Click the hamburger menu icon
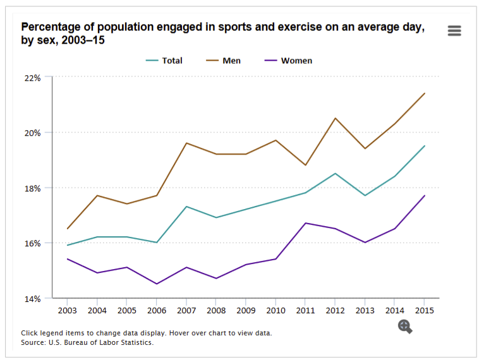(x=454, y=30)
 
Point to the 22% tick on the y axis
(x=32, y=78)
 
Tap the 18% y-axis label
(x=32, y=188)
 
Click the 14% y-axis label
(x=32, y=298)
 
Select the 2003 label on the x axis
(x=67, y=310)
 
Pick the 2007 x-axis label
(x=186, y=310)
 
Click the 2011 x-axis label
(x=305, y=310)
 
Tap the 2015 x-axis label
(x=424, y=310)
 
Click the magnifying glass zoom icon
(x=405, y=326)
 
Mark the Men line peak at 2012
(x=335, y=118)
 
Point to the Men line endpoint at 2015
(x=424, y=93)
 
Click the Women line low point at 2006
(x=156, y=284)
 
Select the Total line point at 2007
(x=186, y=207)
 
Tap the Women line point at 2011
(x=305, y=223)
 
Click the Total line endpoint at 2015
(x=424, y=146)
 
